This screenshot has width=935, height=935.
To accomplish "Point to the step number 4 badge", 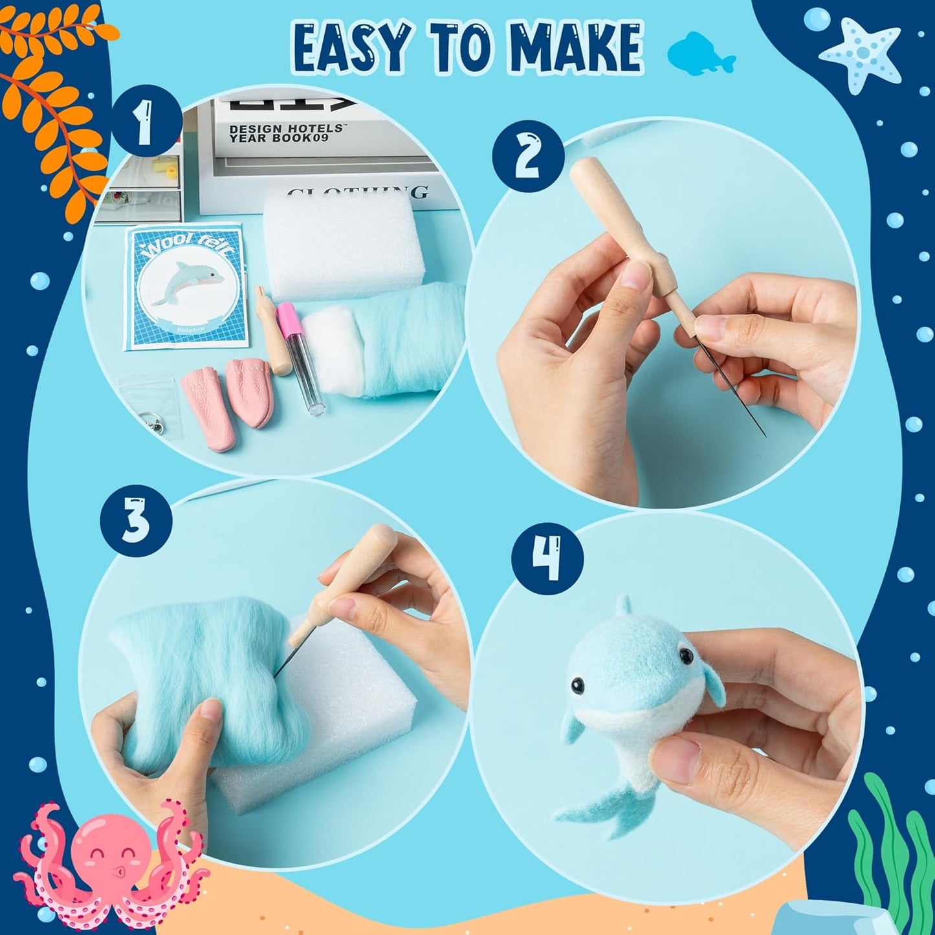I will [x=547, y=558].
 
